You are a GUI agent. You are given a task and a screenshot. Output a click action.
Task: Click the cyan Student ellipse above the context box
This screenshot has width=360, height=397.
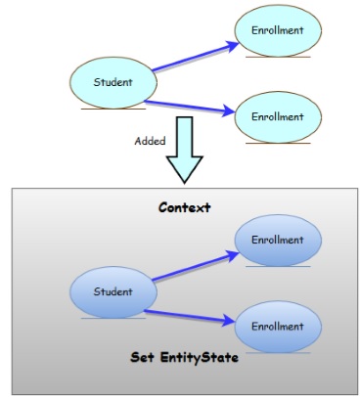pyautogui.click(x=112, y=82)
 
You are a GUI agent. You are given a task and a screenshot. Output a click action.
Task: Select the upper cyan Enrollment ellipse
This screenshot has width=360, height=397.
pyautogui.click(x=278, y=31)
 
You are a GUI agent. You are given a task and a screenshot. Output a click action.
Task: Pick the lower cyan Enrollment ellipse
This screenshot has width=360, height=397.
pyautogui.click(x=278, y=117)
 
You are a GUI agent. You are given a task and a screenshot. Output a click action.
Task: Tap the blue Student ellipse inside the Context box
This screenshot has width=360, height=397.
pyautogui.click(x=112, y=291)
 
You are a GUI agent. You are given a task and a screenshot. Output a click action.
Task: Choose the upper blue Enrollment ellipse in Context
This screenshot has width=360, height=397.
pyautogui.click(x=278, y=241)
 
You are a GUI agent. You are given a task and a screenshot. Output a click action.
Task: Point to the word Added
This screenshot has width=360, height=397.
pyautogui.click(x=149, y=140)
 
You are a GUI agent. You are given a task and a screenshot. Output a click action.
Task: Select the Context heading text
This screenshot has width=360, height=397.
pyautogui.click(x=184, y=207)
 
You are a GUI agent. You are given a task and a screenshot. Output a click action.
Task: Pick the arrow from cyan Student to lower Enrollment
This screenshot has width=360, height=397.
pyautogui.click(x=192, y=108)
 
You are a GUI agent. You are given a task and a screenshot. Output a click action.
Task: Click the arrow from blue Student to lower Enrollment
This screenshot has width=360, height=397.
pyautogui.click(x=194, y=311)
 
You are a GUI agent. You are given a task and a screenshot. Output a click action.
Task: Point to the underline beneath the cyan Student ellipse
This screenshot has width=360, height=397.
pyautogui.click(x=106, y=109)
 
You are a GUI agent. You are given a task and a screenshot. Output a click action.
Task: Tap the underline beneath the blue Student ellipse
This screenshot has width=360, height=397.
pyautogui.click(x=106, y=318)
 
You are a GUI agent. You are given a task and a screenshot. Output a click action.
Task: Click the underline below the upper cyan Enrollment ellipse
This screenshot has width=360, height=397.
pyautogui.click(x=278, y=58)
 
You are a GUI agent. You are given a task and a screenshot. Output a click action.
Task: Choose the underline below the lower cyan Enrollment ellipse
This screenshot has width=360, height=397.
pyautogui.click(x=278, y=144)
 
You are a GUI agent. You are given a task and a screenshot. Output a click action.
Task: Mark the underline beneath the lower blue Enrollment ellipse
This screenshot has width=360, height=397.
pyautogui.click(x=278, y=352)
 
